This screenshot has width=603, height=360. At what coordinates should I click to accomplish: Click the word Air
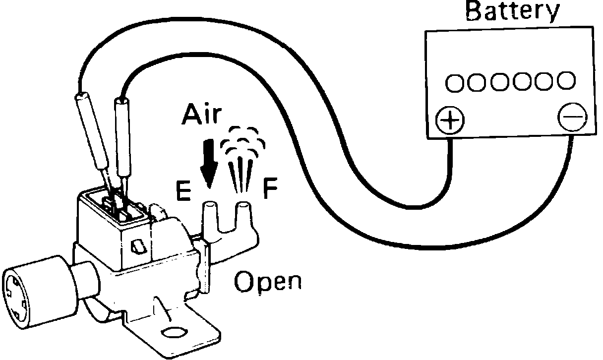point(200,115)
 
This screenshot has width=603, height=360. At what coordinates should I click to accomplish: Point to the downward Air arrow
point(209,164)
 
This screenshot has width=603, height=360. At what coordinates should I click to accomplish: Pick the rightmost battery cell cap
point(566,79)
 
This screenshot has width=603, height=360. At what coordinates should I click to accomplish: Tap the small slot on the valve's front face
point(137,246)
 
